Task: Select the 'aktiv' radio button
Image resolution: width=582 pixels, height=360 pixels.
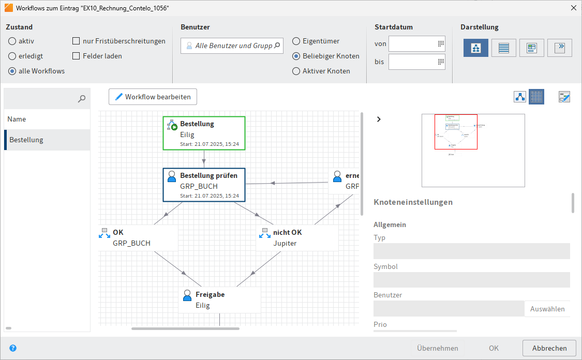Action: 12,41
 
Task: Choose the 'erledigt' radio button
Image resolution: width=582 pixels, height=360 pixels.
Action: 12,56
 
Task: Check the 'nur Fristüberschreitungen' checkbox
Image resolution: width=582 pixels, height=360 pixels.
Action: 77,41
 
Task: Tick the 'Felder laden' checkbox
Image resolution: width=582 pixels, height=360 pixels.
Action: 77,56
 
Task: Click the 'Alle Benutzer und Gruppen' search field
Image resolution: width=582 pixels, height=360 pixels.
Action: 233,46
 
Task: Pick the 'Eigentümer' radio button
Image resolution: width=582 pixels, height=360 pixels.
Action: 296,41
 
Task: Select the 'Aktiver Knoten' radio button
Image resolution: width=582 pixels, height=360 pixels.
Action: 296,71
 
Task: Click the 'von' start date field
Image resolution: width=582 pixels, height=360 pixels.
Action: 412,44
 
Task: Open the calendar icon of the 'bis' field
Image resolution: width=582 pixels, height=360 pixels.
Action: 441,62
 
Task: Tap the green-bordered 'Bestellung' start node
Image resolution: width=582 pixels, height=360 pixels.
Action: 204,133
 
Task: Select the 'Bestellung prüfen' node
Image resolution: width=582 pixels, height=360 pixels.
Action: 204,185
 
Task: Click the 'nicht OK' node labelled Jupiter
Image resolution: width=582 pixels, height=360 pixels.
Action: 297,237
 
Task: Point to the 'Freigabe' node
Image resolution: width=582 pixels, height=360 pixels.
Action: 219,299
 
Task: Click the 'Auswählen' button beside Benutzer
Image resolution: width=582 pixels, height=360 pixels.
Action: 547,309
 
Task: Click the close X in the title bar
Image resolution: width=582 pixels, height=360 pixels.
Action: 573,8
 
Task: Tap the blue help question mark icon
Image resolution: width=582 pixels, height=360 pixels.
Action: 13,348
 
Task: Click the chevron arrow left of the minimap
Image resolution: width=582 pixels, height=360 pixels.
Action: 379,119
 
